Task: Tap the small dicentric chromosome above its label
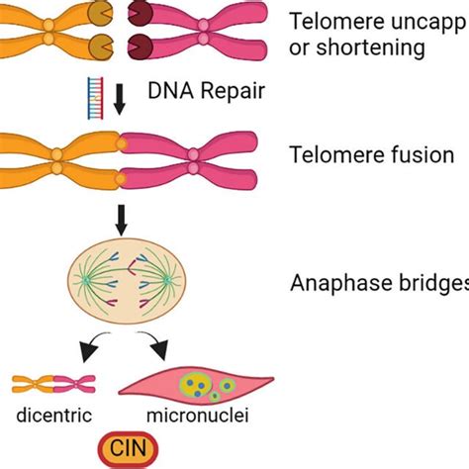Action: (x=47, y=384)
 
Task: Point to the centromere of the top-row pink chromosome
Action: (x=203, y=33)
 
